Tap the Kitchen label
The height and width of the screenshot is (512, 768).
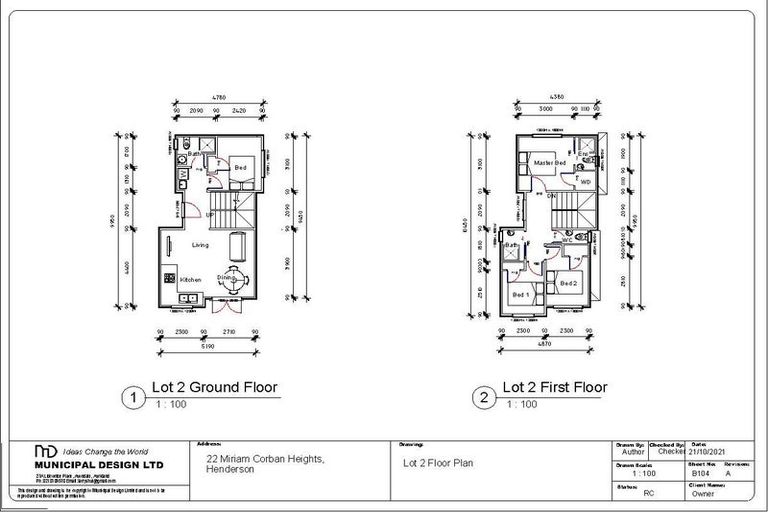(x=191, y=280)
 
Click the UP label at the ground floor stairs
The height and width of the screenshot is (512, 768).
(x=210, y=215)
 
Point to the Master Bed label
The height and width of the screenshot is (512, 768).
(x=550, y=162)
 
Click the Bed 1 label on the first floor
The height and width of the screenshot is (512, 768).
(x=520, y=296)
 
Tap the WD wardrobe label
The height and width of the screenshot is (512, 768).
(x=586, y=181)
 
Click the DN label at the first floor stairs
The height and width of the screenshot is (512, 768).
(x=551, y=197)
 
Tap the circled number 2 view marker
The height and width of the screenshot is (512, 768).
(x=485, y=397)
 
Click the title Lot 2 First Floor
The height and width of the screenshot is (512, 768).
(x=554, y=387)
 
